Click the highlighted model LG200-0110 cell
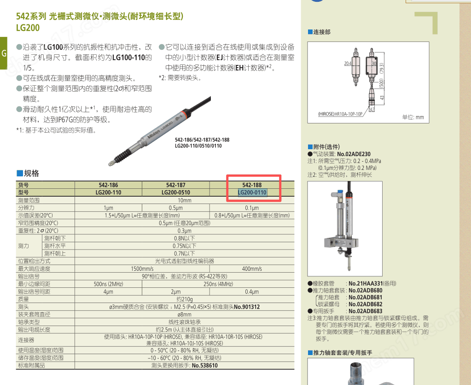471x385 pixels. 252,192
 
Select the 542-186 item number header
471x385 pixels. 108,185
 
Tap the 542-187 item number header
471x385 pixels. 175,185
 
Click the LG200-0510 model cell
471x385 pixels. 175,192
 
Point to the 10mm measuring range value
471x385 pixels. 184,200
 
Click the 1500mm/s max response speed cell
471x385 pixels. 142,268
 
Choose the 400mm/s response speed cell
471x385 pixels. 252,268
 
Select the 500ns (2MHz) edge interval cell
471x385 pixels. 108,284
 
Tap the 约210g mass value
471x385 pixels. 184,299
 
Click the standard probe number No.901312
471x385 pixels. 247,307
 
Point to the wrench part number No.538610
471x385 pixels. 204,366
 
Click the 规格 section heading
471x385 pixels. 31,174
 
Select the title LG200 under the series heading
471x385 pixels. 28,28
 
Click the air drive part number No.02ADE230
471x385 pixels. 354,154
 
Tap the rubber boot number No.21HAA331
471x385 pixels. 366,284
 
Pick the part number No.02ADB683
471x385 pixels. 365,311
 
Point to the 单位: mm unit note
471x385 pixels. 413,117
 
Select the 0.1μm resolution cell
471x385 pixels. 252,208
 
